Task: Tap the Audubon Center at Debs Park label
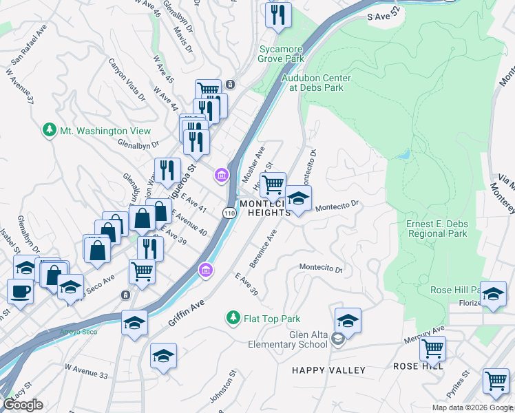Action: point(316,83)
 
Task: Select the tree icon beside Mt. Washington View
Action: point(49,131)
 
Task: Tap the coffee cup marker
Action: point(20,290)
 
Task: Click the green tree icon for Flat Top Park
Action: point(233,319)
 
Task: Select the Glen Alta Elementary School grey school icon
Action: point(338,339)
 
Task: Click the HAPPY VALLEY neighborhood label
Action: point(328,370)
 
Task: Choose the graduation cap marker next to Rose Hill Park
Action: point(493,293)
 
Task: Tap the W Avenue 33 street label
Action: point(86,374)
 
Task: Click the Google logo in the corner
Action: point(23,404)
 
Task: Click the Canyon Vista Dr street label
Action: point(127,79)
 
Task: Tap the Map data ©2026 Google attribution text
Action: point(472,407)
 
